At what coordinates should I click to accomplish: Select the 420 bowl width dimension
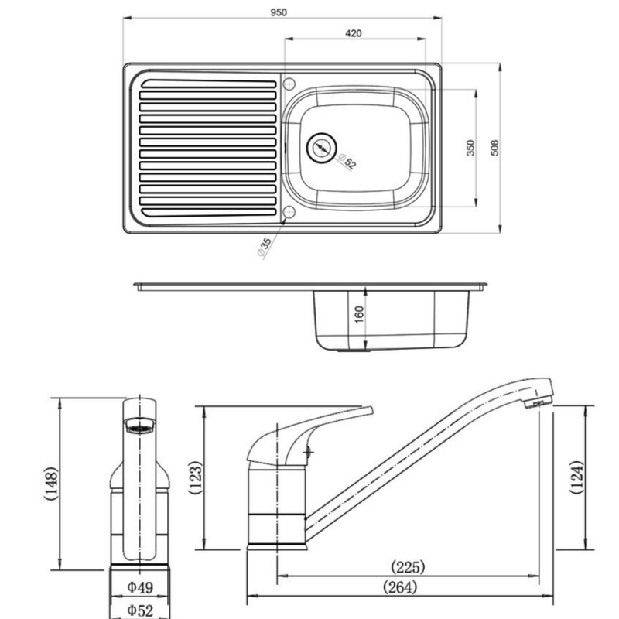coord(354,33)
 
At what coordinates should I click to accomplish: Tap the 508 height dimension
coord(495,147)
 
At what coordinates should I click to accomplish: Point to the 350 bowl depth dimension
coord(470,148)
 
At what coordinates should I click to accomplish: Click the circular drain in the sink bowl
coord(320,147)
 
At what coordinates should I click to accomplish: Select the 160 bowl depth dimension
coord(360,316)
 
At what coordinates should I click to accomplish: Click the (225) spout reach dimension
coord(408,567)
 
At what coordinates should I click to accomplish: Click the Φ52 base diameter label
coord(140,610)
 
